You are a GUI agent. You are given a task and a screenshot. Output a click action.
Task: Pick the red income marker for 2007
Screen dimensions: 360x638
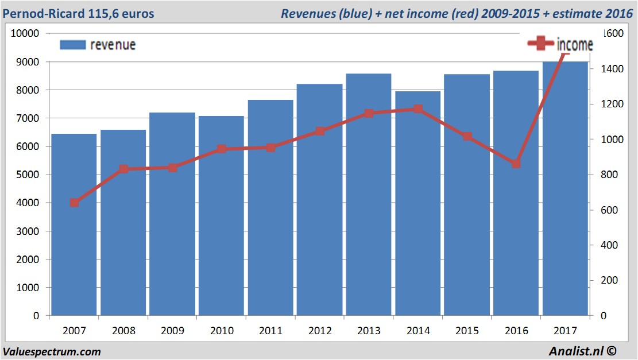coord(74,203)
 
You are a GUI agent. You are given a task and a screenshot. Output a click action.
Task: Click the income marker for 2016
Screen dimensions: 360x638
coord(516,164)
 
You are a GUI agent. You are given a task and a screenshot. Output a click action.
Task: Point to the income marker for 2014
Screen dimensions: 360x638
coord(417,109)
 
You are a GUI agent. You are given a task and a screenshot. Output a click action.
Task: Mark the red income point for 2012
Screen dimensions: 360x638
coord(320,131)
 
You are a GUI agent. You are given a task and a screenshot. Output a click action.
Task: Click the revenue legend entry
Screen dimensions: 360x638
coord(98,45)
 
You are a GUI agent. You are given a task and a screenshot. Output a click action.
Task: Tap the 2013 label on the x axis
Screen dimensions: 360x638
coord(369,331)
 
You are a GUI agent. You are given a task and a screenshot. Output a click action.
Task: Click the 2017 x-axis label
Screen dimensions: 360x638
coord(565,331)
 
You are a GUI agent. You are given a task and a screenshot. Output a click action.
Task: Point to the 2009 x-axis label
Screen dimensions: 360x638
coord(172,331)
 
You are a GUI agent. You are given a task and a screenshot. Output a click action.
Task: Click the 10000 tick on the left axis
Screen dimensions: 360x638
coord(25,33)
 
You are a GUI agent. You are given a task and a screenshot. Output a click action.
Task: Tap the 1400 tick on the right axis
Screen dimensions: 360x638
coord(611,69)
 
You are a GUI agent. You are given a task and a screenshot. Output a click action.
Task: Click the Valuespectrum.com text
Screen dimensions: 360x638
coord(52,351)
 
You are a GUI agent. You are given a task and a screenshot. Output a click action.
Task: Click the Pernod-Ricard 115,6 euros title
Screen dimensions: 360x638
coord(79,13)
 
